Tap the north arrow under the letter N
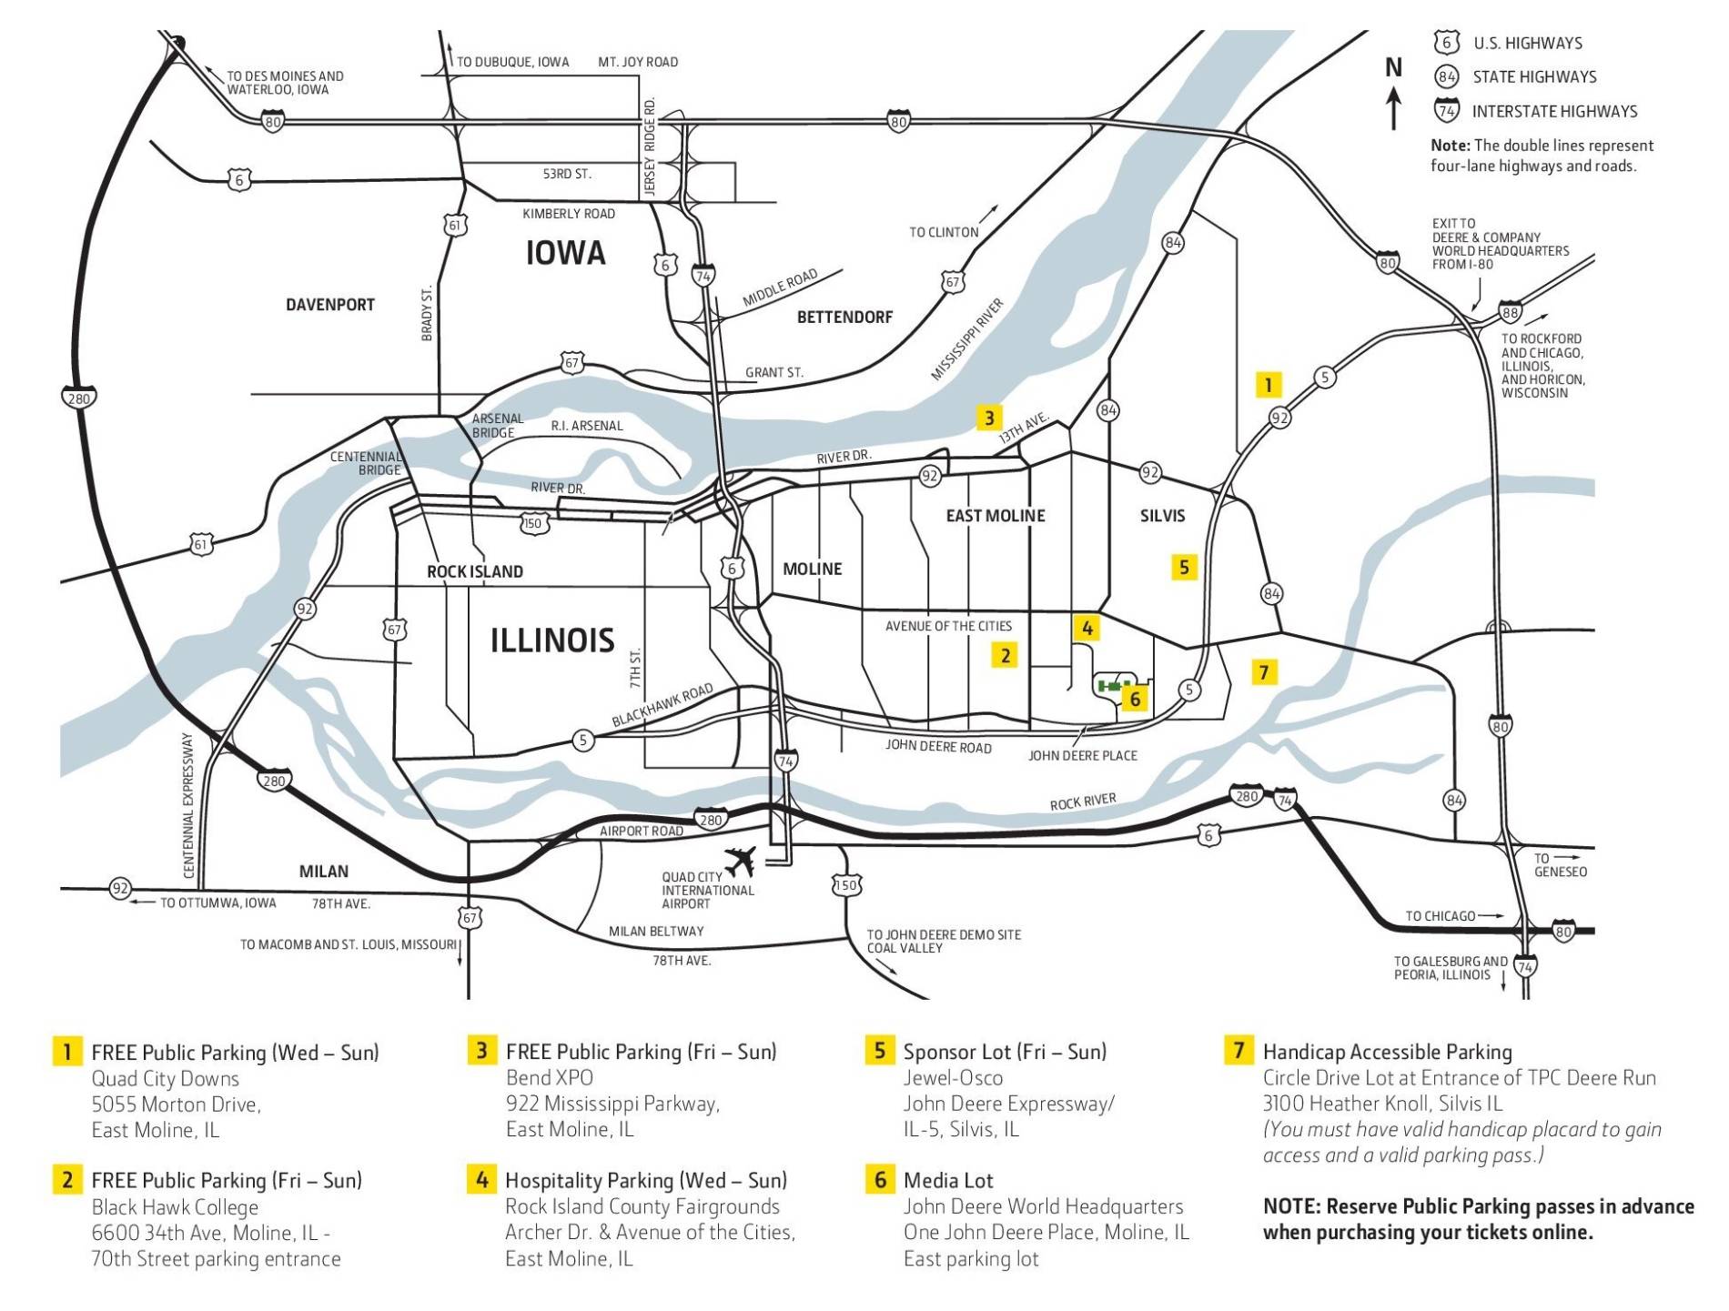[x=1392, y=108]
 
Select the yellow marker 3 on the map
[x=989, y=418]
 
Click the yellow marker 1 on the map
[x=1268, y=385]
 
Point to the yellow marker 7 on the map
[x=1263, y=672]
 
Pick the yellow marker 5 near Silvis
[x=1183, y=568]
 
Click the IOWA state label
[x=565, y=253]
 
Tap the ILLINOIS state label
[x=552, y=640]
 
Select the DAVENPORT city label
[x=330, y=305]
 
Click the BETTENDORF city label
[x=844, y=317]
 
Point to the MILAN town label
[x=324, y=871]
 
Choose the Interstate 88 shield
[x=1511, y=312]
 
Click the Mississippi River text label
[x=966, y=339]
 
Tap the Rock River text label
[x=1082, y=802]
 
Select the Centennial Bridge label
[x=366, y=463]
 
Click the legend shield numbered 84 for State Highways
[x=1446, y=77]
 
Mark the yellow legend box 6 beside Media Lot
[x=879, y=1179]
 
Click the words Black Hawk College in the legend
[x=175, y=1207]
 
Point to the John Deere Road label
[x=938, y=746]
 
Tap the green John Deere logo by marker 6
[x=1113, y=685]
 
